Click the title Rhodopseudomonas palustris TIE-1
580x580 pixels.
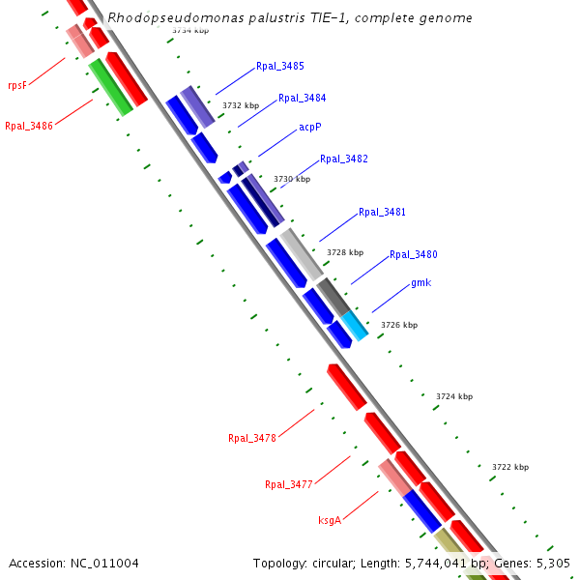click(x=290, y=18)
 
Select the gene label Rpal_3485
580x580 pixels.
click(x=280, y=66)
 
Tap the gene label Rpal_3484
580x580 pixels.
click(x=302, y=98)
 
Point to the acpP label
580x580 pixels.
click(x=309, y=127)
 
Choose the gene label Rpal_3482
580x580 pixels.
click(x=343, y=159)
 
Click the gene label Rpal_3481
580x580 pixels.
click(x=382, y=212)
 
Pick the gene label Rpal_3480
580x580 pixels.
click(x=414, y=254)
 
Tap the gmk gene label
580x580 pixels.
click(x=420, y=282)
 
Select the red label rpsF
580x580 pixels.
click(x=16, y=84)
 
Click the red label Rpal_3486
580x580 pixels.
click(x=29, y=126)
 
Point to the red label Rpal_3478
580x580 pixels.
click(x=252, y=438)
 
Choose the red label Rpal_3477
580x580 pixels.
click(x=289, y=484)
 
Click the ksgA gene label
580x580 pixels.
click(x=330, y=520)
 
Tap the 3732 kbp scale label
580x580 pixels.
click(x=241, y=105)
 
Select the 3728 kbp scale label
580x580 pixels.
click(x=345, y=252)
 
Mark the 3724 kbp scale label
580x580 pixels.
click(x=454, y=396)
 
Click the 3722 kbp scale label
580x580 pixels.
click(x=510, y=467)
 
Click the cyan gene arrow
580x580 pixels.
click(x=354, y=326)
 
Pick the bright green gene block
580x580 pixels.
click(x=110, y=87)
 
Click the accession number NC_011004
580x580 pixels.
click(x=73, y=563)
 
